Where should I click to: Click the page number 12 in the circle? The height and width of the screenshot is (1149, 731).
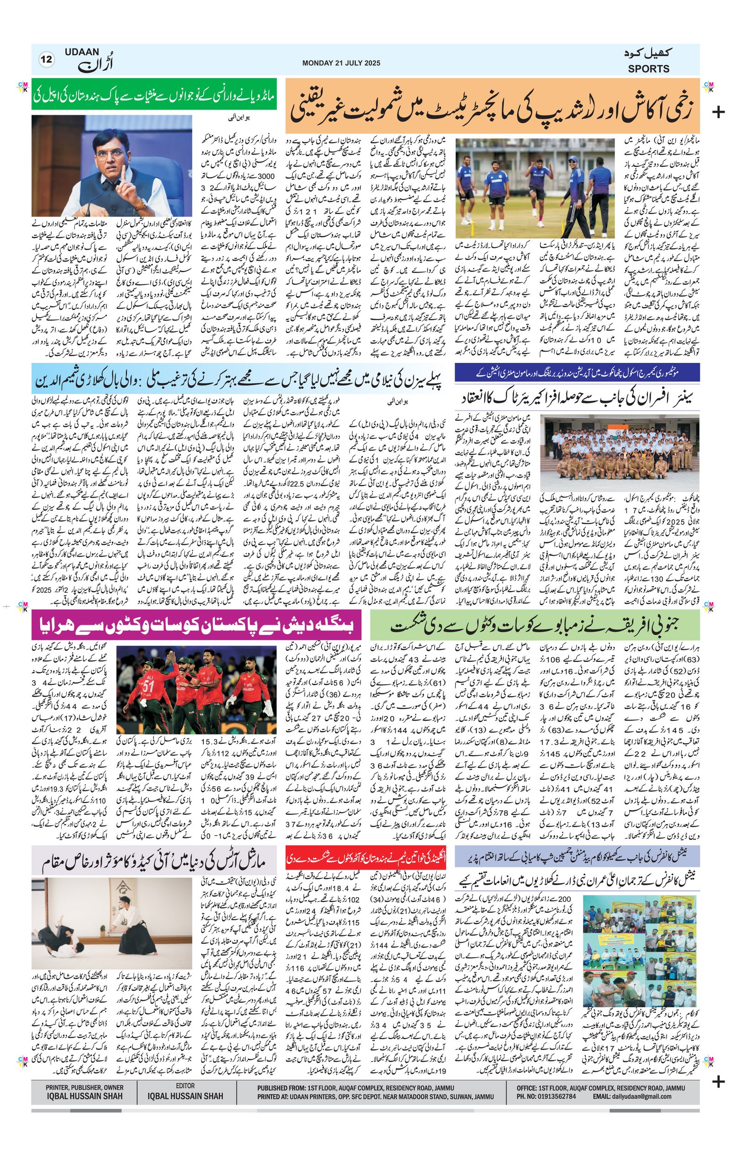tap(47, 60)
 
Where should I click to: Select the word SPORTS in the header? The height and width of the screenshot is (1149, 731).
tap(648, 69)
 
